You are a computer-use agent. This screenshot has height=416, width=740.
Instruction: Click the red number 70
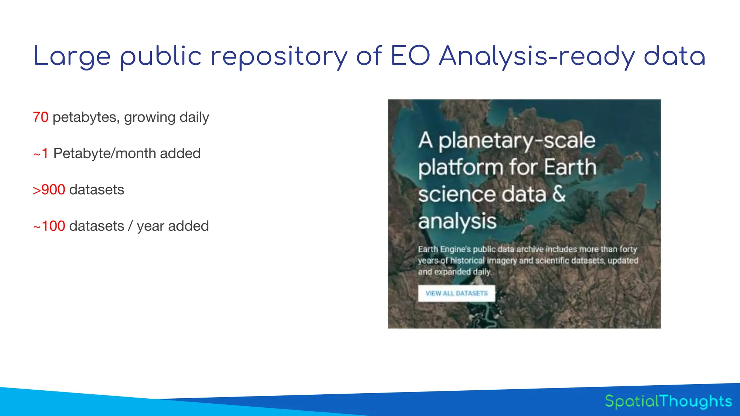40,117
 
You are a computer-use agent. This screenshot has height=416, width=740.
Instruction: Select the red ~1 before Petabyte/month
40,153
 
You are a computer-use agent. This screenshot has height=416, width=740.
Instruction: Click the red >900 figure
49,190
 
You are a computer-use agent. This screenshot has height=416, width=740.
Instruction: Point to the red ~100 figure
49,226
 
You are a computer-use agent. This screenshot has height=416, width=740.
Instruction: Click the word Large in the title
72,57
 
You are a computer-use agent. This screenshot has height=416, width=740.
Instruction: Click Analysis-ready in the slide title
537,57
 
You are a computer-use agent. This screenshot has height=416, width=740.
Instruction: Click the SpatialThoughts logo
668,401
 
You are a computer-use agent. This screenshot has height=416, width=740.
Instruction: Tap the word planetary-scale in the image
517,141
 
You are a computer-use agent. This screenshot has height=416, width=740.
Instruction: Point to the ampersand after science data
559,194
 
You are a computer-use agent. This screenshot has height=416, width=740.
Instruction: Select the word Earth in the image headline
570,167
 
